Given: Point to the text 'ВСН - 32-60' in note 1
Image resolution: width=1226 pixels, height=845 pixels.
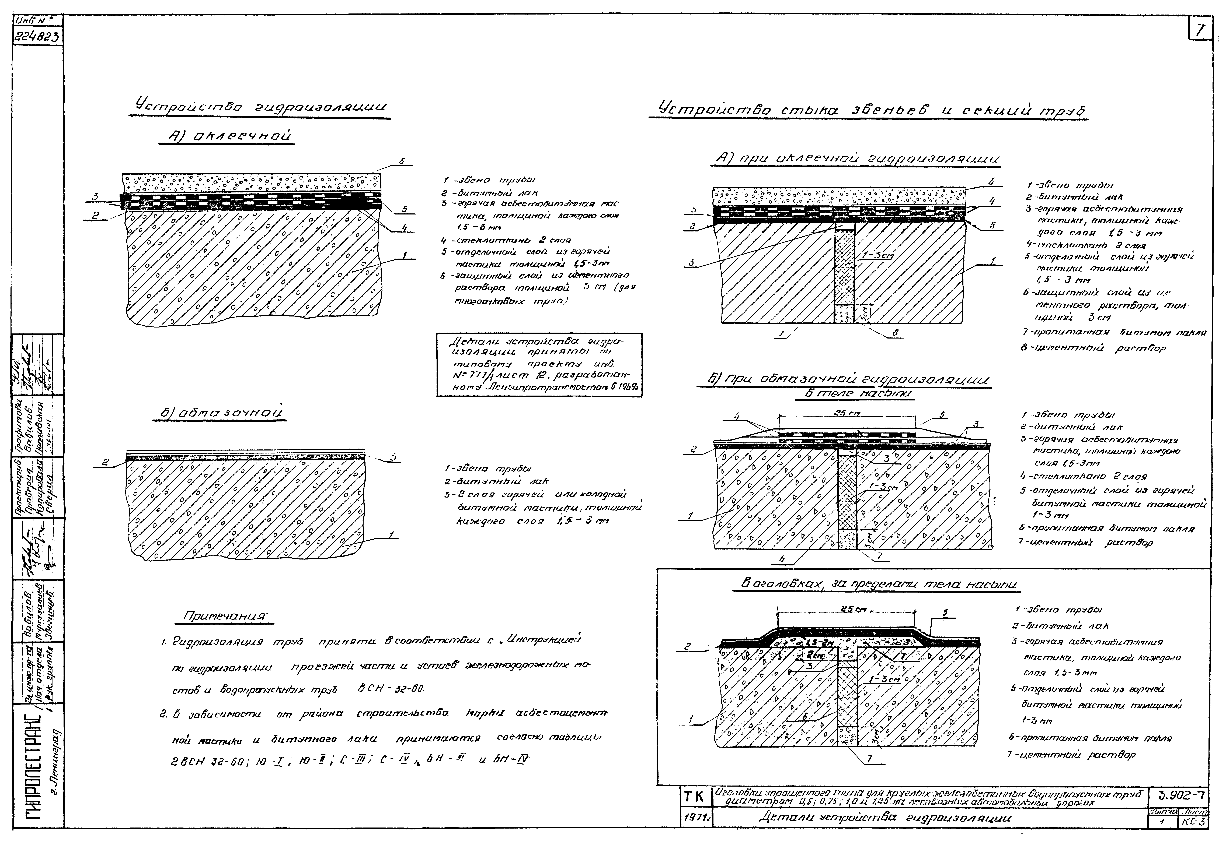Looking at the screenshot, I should coord(391,689).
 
